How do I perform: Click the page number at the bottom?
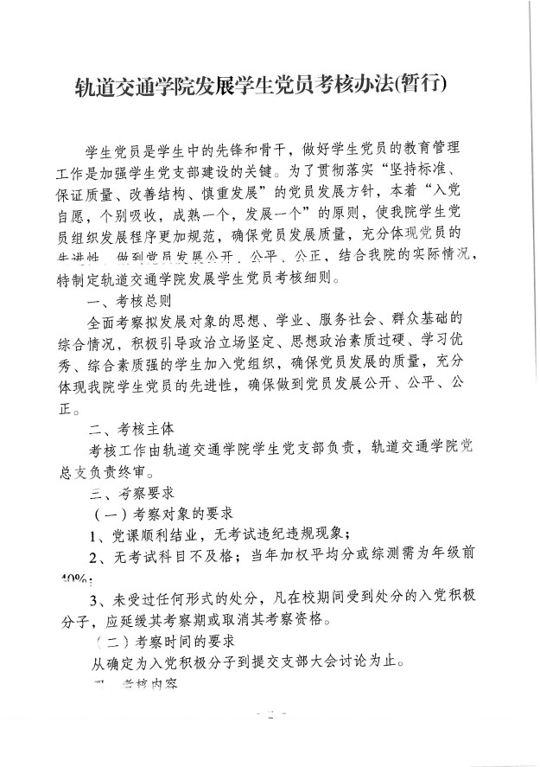click(270, 716)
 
